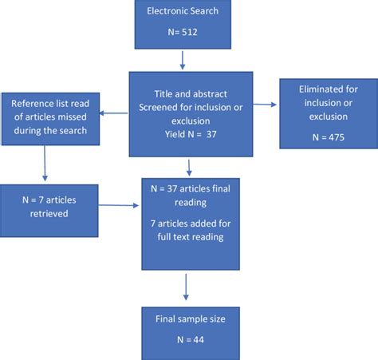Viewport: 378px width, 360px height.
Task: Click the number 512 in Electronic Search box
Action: tap(190, 32)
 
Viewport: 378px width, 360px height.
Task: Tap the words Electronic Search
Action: tap(183, 11)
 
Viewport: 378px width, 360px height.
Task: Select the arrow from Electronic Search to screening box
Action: tap(183, 61)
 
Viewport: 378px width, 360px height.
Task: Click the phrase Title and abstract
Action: tap(191, 94)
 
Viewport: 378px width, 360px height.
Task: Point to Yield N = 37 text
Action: tap(191, 134)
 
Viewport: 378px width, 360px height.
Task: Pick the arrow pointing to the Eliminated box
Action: tap(265, 105)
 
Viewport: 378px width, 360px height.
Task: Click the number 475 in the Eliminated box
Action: tap(337, 137)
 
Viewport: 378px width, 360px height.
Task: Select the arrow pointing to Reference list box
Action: tap(113, 113)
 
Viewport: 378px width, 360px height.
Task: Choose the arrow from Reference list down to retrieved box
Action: tap(45, 164)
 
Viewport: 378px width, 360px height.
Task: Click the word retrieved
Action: tap(49, 213)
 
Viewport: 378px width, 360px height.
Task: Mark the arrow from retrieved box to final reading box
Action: tap(119, 205)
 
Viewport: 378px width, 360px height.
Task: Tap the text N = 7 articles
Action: tap(49, 200)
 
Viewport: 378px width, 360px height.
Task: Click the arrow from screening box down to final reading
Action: tap(189, 168)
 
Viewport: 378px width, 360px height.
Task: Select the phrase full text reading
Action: tap(191, 237)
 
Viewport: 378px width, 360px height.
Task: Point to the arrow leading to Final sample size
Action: tap(186, 287)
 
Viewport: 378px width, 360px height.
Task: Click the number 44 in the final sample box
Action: tap(199, 339)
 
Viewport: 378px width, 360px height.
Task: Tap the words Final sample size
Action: tap(191, 318)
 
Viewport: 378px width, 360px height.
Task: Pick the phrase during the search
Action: tap(50, 131)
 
